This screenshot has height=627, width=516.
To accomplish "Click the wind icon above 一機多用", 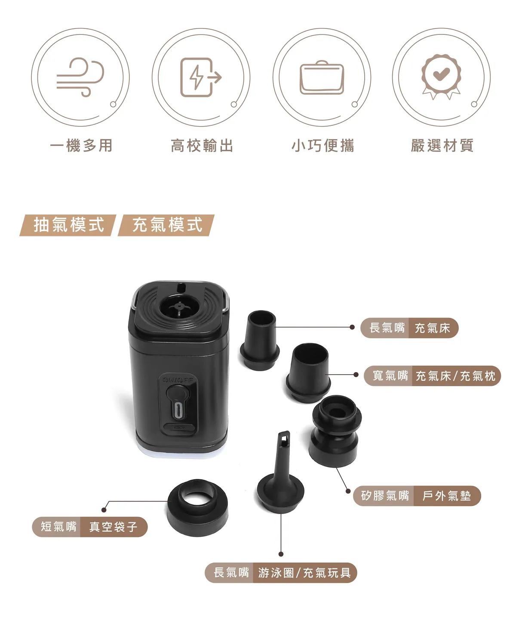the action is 80,77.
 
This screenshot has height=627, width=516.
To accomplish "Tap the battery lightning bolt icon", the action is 200,77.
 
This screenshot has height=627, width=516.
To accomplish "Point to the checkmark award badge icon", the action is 441,77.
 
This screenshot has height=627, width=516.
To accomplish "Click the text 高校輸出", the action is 202,146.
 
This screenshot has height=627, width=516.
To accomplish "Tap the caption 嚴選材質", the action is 442,146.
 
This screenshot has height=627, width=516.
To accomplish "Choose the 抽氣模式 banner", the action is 68,225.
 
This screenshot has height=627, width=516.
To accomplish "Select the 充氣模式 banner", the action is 166,225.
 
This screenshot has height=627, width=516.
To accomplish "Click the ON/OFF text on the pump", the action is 178,379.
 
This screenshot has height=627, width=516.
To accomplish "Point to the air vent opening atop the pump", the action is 179,308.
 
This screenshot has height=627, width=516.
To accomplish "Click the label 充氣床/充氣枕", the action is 455,376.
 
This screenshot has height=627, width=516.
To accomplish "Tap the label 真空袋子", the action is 114,527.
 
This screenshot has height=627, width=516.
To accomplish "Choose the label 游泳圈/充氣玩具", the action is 304,573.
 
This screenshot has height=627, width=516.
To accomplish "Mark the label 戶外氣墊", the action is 446,496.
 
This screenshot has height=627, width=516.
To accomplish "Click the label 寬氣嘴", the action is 390,376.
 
